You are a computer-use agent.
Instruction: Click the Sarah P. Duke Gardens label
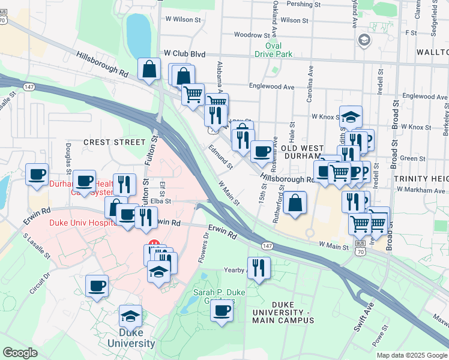213,296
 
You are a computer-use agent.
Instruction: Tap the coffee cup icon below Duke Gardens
222,311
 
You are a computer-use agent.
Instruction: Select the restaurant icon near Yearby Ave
259,267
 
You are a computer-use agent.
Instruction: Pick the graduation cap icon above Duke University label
130,316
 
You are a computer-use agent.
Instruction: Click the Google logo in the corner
20,352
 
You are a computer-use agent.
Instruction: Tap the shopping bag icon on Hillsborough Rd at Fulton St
149,70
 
